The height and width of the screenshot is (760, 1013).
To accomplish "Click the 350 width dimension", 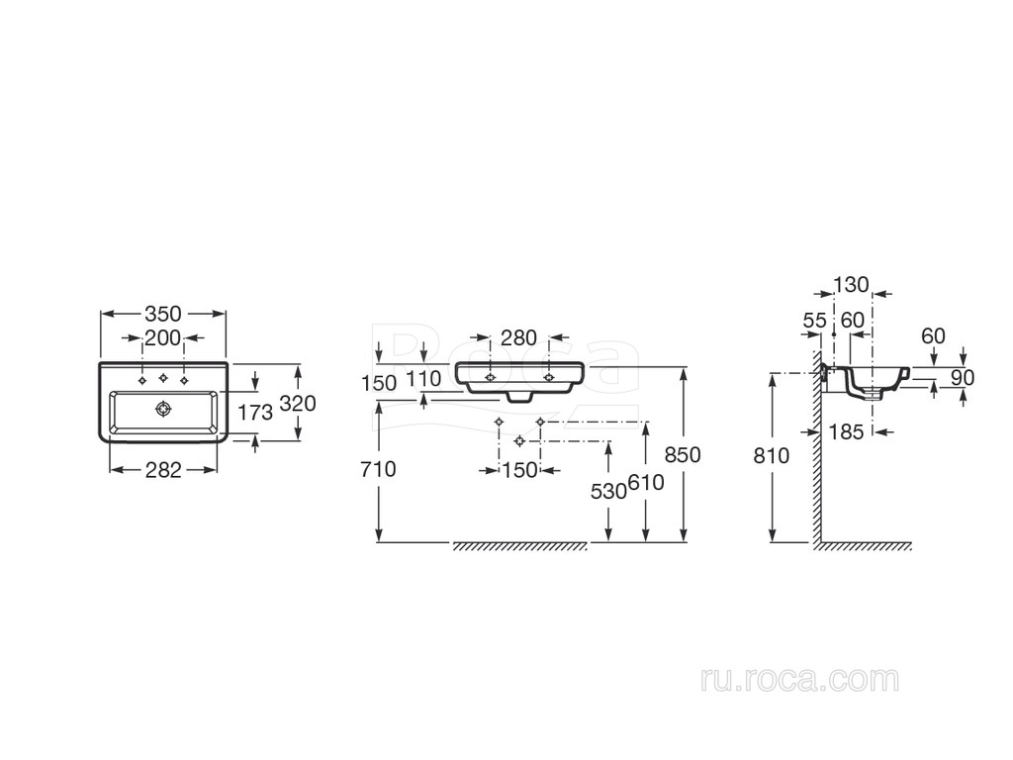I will [163, 314].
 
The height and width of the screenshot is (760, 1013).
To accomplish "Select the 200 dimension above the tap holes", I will [163, 338].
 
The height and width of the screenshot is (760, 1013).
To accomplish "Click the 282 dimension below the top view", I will [163, 470].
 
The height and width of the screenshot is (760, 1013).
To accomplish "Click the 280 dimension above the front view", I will [519, 338].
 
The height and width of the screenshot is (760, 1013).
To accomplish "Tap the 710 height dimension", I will [379, 469].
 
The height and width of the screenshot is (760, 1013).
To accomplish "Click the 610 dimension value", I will [646, 482].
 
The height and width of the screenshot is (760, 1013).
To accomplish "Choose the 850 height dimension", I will [684, 454].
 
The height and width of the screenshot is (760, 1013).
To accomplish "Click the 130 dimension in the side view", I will [851, 285].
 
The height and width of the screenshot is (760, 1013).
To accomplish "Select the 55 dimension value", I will [814, 321].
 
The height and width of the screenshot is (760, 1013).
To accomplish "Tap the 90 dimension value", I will [963, 377].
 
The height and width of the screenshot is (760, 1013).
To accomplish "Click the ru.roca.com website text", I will [799, 679].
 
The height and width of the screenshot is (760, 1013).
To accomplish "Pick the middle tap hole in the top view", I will [163, 378].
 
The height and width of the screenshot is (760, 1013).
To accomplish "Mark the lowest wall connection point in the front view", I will [519, 439].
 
